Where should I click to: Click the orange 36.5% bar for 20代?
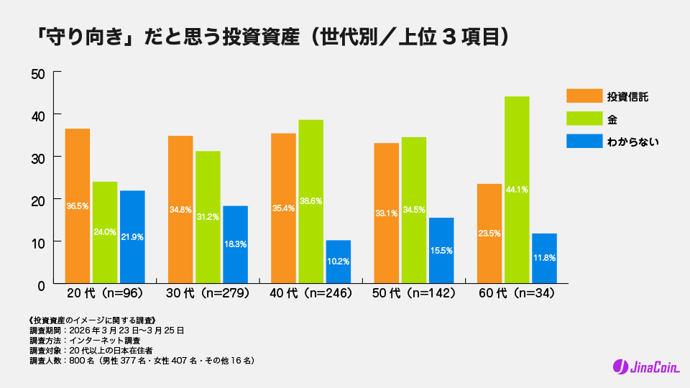tap(78, 205)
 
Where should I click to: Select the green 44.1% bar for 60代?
tap(517, 190)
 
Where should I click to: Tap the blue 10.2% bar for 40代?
tap(338, 262)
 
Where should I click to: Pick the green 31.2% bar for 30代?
tap(208, 217)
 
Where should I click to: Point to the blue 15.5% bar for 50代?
tap(441, 250)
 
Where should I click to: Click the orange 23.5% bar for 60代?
tap(489, 234)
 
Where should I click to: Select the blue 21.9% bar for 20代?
tap(132, 236)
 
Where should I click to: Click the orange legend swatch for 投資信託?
tap(584, 96)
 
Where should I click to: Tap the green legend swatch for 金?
tap(584, 119)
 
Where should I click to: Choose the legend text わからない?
tap(633, 142)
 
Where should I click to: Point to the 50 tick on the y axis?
tap(39, 73)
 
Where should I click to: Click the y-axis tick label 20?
tap(39, 200)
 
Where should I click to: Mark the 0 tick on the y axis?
tap(42, 285)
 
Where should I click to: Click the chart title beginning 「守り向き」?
tap(274, 36)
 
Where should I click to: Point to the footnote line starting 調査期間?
tap(107, 330)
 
